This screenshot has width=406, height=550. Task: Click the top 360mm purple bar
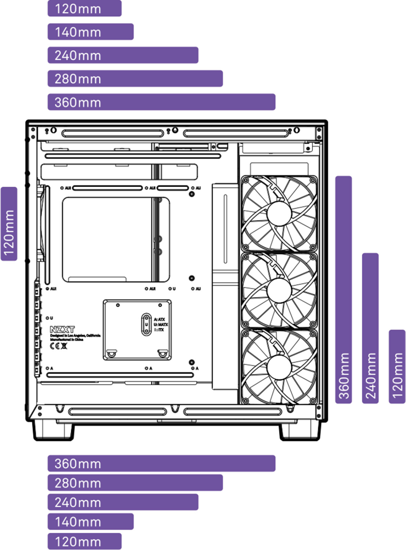point(161,102)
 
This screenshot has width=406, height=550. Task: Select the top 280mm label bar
point(135,78)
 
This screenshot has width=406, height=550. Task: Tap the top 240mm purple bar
point(123,55)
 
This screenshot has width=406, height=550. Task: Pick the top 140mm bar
point(90,32)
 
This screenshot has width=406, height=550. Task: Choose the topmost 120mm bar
point(84,8)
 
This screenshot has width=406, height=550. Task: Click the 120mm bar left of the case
point(9,224)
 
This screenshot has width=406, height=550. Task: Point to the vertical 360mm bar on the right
point(344,290)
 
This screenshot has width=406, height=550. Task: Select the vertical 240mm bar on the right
point(370,328)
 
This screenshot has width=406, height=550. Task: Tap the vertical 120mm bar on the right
point(397,367)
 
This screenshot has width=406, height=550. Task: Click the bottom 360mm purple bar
point(161,463)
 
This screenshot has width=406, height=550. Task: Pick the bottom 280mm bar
point(135,483)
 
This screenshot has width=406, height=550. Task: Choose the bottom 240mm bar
point(123,502)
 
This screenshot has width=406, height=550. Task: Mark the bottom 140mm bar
point(90,522)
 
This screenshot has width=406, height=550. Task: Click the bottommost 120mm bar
point(84,542)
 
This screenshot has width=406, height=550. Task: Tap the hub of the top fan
point(279,213)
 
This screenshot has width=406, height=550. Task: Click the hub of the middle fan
point(279,290)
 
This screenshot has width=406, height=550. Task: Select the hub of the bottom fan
point(279,367)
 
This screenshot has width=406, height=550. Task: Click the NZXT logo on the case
point(62,329)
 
